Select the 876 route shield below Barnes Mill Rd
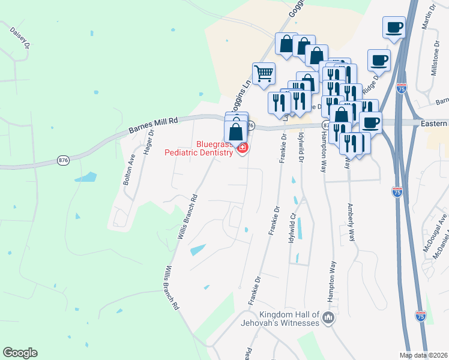pos(62,160)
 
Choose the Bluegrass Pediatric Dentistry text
pos(199,148)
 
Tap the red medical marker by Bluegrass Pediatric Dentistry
pos(243,148)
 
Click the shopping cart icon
pos(264,74)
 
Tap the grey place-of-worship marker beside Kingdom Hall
pos(328,318)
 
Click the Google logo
pos(20,353)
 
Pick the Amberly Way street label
pos(351,223)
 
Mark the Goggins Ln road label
pos(240,96)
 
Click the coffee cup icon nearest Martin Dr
pos(394,27)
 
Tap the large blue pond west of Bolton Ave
pos(85,177)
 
